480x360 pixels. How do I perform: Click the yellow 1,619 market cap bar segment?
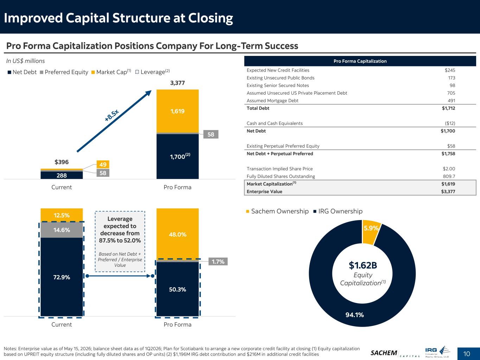click(x=177, y=111)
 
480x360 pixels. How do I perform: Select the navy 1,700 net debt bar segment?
click(x=177, y=156)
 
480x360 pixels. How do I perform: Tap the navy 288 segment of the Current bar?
click(x=62, y=175)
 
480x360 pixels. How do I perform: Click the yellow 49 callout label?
click(x=103, y=165)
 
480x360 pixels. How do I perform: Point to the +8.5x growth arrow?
click(x=114, y=121)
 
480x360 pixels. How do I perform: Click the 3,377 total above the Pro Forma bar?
click(x=177, y=83)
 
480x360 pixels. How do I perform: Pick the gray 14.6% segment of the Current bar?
click(x=62, y=230)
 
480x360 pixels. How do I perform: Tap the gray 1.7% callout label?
click(x=218, y=262)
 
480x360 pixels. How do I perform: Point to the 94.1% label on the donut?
click(x=354, y=315)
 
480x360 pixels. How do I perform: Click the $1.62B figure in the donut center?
click(x=363, y=265)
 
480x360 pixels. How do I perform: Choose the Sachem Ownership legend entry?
click(x=277, y=211)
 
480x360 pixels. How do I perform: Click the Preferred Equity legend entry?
click(x=64, y=72)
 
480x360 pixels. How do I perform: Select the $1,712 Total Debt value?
click(x=448, y=108)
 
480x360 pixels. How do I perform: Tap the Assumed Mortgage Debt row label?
click(x=272, y=101)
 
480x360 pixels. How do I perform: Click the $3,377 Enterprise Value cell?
click(x=448, y=192)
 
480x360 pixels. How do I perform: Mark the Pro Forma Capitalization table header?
click(x=360, y=61)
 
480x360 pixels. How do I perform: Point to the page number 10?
click(x=466, y=354)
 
